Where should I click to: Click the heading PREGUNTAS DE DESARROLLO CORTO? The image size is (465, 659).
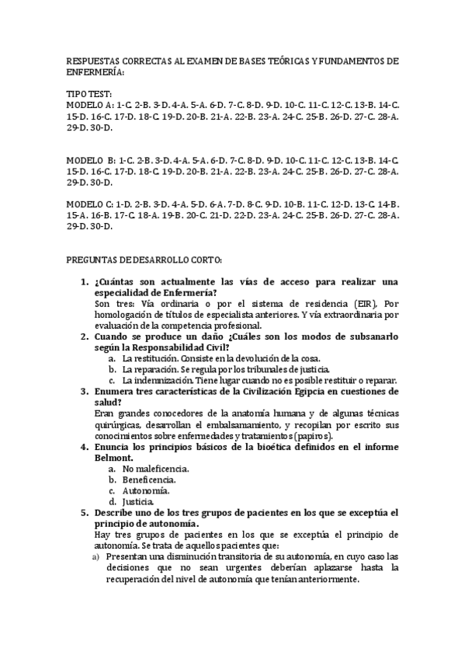click(145, 259)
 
